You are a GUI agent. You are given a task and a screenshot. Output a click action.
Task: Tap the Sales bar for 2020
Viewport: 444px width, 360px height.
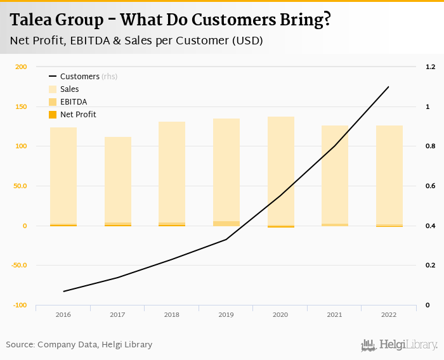pyautogui.click(x=281, y=171)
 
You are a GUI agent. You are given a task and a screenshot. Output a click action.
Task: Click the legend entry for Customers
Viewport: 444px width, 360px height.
pyautogui.click(x=79, y=77)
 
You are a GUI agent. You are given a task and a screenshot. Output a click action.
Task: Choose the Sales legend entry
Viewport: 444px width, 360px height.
pyautogui.click(x=69, y=89)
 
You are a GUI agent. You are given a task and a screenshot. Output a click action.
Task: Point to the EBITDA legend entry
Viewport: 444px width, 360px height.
pyautogui.click(x=73, y=102)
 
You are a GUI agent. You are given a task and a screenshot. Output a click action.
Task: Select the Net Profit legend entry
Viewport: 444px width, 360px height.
pyautogui.click(x=78, y=115)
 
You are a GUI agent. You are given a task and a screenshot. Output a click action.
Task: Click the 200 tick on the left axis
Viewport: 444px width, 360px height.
pyautogui.click(x=21, y=67)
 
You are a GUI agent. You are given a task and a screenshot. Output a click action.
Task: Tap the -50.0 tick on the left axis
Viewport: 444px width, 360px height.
pyautogui.click(x=19, y=266)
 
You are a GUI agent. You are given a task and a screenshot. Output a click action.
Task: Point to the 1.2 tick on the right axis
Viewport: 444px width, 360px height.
pyautogui.click(x=430, y=67)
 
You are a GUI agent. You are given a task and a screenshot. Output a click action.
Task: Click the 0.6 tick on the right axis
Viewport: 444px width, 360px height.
pyautogui.click(x=430, y=186)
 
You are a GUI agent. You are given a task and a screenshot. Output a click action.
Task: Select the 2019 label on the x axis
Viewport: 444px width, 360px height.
pyautogui.click(x=226, y=315)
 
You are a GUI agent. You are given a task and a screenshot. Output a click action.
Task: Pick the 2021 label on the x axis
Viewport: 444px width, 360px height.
pyautogui.click(x=334, y=315)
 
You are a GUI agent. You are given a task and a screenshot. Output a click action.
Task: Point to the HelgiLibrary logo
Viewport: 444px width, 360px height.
pyautogui.click(x=400, y=345)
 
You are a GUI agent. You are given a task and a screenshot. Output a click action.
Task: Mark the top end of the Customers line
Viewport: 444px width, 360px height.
pyautogui.click(x=388, y=87)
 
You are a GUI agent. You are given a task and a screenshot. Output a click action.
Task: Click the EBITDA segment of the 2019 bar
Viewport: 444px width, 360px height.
pyautogui.click(x=226, y=223)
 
